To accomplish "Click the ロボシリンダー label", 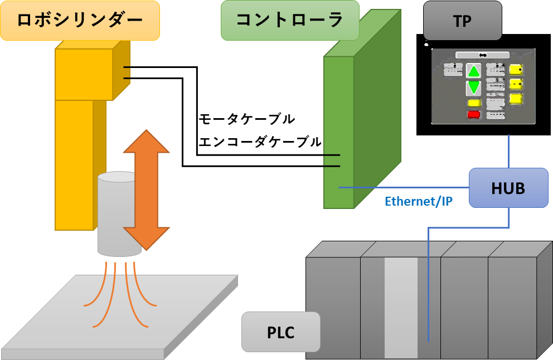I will click(80, 20).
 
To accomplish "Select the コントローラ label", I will click(289, 20).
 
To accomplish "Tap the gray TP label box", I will click(462, 21).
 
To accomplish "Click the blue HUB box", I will click(508, 188).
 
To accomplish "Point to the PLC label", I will click(280, 332).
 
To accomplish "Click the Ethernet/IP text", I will click(418, 201).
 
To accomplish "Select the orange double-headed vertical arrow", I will click(146, 189).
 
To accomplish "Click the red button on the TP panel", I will click(473, 115).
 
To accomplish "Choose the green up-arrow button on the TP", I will click(473, 71).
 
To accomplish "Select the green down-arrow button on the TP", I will click(473, 87).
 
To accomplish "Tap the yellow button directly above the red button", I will click(474, 103).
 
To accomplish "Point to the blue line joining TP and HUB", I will click(509, 152).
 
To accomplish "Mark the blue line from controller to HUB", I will click(401, 188).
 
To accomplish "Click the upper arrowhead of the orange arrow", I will click(146, 142).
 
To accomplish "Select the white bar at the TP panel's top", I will click(482, 55).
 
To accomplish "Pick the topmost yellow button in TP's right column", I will click(516, 70).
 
